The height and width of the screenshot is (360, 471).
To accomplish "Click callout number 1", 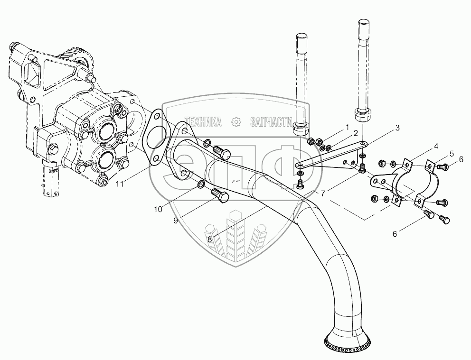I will coord(347,127).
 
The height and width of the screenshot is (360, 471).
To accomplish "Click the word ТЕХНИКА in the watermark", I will coord(204,122).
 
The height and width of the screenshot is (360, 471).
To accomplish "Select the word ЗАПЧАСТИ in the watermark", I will coord(269,122).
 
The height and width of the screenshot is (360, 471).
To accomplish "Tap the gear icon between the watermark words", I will coord(235,122).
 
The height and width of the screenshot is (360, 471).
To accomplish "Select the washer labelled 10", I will coord(200,184).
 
